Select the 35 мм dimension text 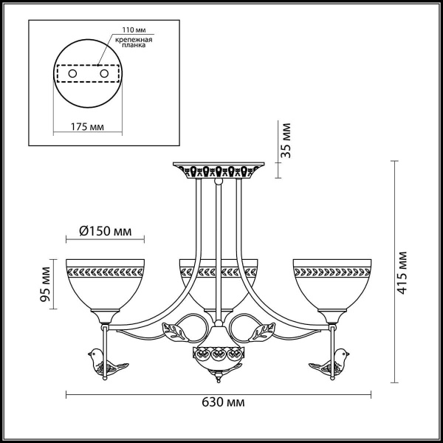pos(288,140)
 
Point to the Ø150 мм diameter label pos(105,231)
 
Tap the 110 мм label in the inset pos(123,31)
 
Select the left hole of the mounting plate pos(72,75)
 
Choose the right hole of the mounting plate pos(104,75)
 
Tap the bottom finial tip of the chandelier pos(219,383)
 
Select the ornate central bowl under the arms pos(219,355)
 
